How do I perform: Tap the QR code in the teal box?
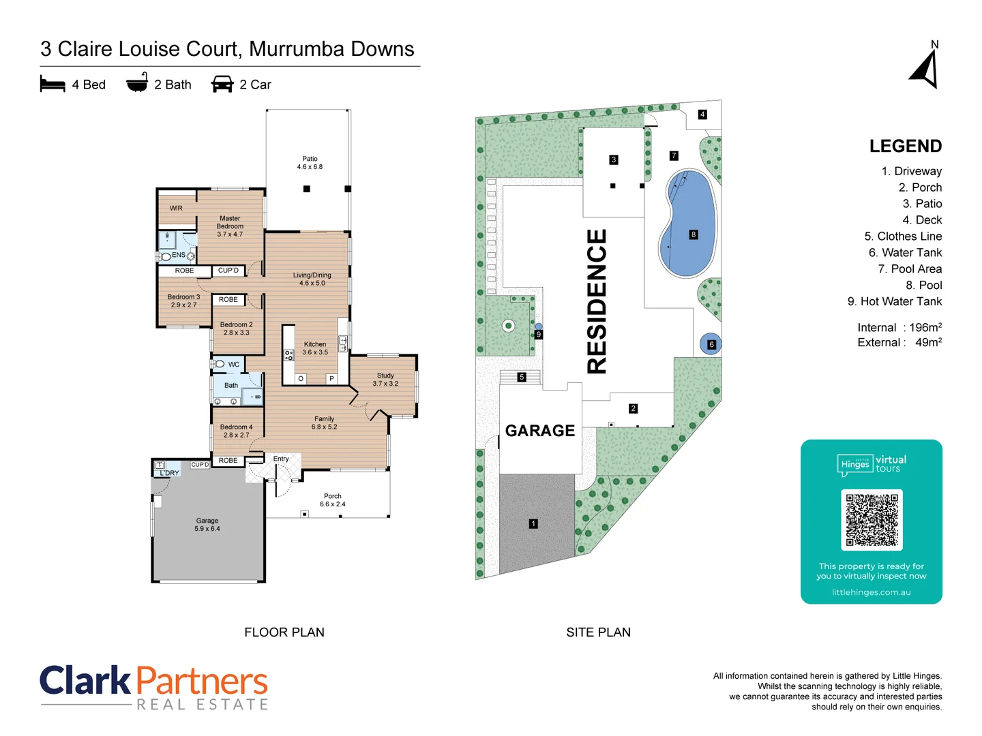(x=872, y=519)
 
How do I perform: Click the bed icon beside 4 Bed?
(x=53, y=85)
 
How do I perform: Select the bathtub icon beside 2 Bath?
(x=137, y=82)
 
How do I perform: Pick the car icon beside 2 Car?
(x=222, y=85)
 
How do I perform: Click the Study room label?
(x=385, y=380)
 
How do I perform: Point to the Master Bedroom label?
(x=230, y=226)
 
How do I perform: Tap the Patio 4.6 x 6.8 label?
(x=310, y=163)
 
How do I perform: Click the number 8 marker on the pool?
(x=694, y=234)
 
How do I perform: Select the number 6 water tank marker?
(x=711, y=344)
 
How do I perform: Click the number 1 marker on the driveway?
(x=533, y=523)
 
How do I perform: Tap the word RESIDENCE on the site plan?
(x=597, y=301)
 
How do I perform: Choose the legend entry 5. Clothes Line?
(x=903, y=236)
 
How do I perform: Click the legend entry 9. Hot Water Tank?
(x=895, y=302)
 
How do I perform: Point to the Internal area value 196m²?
(x=925, y=328)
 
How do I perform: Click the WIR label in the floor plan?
(x=176, y=209)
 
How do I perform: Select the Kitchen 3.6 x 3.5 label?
(x=315, y=348)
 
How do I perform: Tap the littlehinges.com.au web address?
(x=871, y=592)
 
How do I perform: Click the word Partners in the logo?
(x=202, y=681)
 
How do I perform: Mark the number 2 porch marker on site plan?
(x=633, y=409)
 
